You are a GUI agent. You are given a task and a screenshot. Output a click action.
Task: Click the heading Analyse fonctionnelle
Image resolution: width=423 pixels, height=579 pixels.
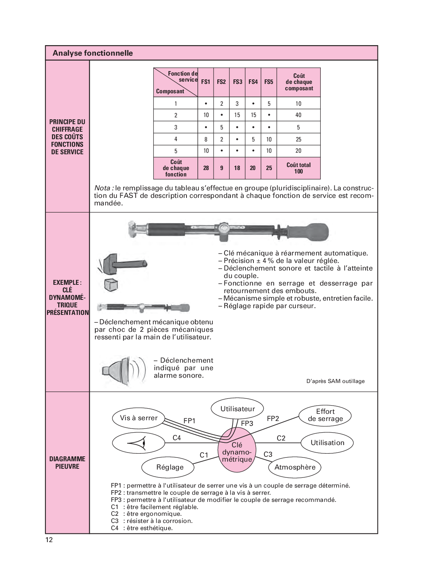(92, 53)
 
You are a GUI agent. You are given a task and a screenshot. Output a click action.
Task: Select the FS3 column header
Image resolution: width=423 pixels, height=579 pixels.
(237, 82)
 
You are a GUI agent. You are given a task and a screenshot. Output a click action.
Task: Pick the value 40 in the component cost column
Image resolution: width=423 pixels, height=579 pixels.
(298, 115)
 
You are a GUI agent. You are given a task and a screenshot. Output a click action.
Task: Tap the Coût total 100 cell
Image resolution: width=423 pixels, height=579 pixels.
(299, 168)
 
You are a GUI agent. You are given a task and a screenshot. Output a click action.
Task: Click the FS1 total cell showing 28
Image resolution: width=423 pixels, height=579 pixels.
(206, 168)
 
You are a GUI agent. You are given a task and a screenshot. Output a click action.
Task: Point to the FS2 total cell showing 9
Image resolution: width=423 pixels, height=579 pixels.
(221, 168)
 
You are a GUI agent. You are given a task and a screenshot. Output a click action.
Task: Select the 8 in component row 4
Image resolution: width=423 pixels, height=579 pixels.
(206, 139)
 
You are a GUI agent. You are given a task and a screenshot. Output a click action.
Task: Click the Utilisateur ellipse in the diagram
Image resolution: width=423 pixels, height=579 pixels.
(237, 409)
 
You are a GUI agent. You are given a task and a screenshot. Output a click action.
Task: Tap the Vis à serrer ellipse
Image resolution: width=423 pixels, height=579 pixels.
(139, 418)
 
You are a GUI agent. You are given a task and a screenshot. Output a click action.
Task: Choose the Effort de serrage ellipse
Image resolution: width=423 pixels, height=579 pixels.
(325, 415)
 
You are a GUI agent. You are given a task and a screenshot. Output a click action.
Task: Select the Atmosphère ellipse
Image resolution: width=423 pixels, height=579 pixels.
(295, 467)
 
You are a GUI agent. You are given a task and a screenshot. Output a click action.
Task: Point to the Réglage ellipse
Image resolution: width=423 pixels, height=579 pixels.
(170, 467)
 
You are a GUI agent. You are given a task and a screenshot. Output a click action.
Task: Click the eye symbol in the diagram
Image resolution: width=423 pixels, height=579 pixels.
(138, 443)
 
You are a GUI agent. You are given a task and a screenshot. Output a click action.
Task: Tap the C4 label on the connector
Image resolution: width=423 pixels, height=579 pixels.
(177, 438)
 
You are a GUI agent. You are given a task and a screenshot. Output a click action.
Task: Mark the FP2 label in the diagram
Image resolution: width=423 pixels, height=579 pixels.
(273, 419)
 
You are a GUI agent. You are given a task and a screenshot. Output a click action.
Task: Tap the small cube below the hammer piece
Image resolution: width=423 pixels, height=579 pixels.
(111, 285)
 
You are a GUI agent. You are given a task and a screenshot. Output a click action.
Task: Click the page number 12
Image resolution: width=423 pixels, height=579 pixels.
(49, 540)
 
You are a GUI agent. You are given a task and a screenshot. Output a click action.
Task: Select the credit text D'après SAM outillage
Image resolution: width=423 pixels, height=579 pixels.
(335, 381)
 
